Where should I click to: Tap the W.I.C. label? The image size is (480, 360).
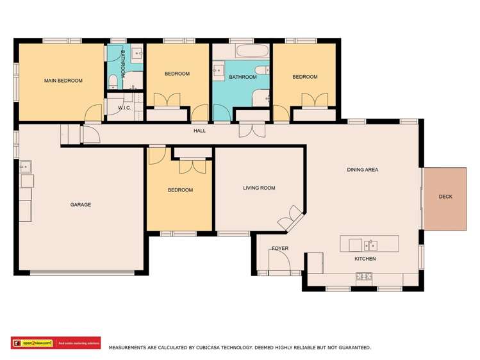(124, 108)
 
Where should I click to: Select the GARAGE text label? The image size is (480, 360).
(81, 205)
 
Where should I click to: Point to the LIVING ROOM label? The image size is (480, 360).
(259, 188)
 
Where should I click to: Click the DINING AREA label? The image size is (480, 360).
(362, 170)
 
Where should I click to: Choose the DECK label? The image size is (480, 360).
(445, 197)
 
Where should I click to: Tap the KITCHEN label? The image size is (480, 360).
(365, 259)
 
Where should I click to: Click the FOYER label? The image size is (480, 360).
(280, 248)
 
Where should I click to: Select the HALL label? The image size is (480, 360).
(199, 131)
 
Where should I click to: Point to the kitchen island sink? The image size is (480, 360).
(370, 245)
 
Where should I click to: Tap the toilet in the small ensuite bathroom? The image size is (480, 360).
(113, 80)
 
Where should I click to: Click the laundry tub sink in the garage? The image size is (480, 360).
(25, 167)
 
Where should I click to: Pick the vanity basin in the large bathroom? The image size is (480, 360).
(219, 68)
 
